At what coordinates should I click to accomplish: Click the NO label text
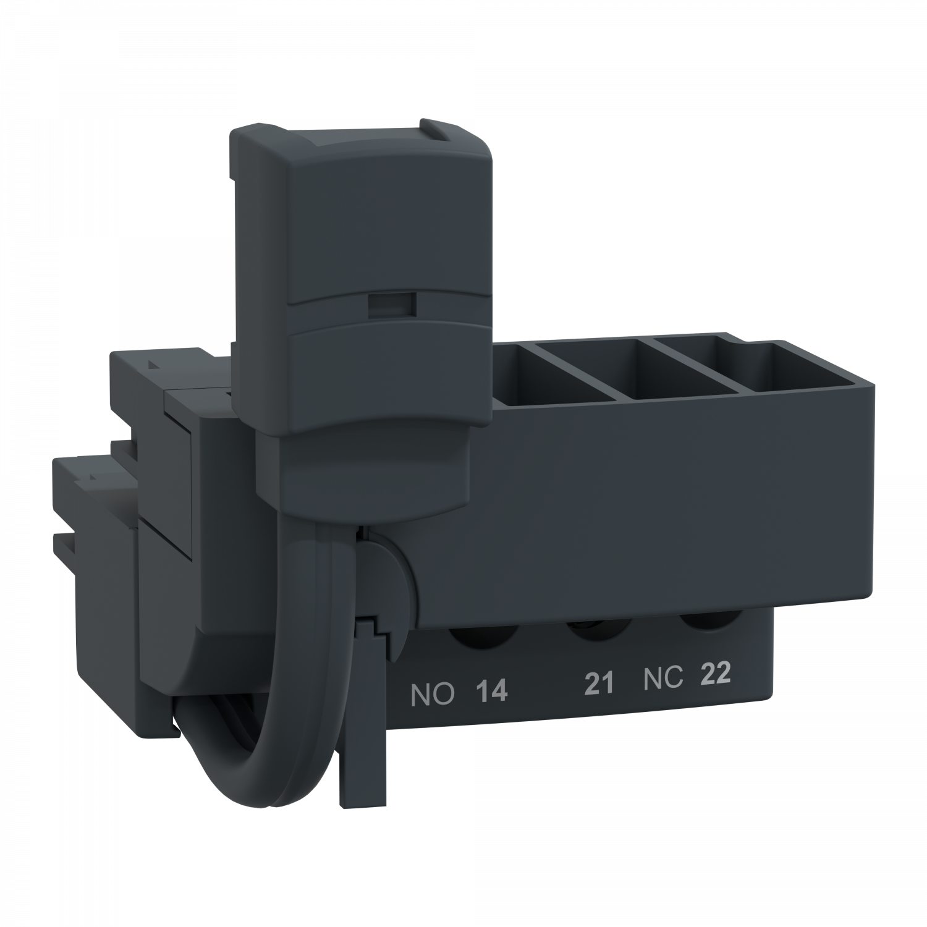pyautogui.click(x=433, y=695)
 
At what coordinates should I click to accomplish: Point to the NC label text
pyautogui.click(x=662, y=679)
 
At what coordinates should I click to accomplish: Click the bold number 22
pyautogui.click(x=715, y=674)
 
